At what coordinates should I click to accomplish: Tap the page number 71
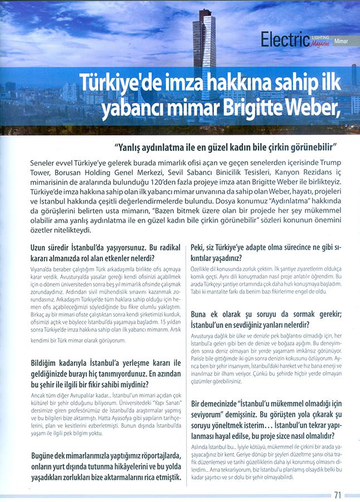pyautogui.click(x=338, y=494)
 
